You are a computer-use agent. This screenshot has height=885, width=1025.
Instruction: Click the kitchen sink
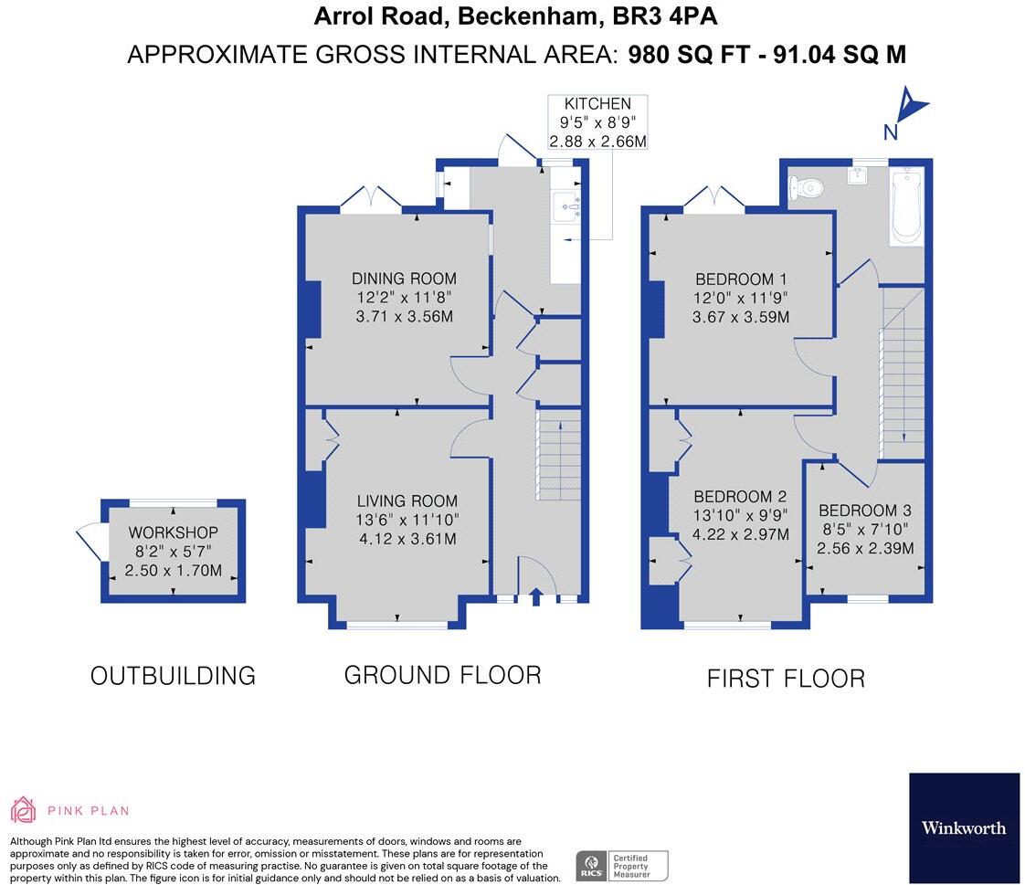coord(567,206)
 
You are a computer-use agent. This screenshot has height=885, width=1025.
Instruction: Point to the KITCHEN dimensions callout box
coord(597,122)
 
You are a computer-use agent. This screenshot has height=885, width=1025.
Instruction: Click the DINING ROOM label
coord(405,279)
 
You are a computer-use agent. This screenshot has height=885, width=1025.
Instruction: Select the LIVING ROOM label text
coord(407,500)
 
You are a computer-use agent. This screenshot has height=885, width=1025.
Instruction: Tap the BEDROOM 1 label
coord(741,279)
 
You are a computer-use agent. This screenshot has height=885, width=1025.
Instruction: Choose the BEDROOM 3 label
coord(864,511)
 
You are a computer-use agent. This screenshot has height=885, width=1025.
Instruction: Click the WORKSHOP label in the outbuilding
coord(174,532)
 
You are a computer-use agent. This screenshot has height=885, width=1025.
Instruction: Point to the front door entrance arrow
coord(535,598)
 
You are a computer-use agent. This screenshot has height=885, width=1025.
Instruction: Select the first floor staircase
coord(902,374)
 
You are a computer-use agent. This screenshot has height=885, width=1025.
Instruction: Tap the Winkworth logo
coord(964,827)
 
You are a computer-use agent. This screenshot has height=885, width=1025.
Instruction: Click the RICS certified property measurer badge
coord(621,865)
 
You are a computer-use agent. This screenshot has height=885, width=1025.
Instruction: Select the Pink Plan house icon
coord(23,809)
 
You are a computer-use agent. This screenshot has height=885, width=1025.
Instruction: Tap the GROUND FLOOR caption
coord(442,675)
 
